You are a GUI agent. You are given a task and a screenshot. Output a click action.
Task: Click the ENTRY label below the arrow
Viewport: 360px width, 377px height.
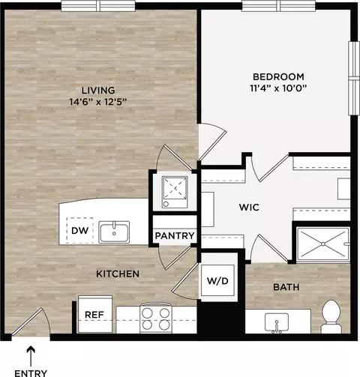click(x=31, y=373)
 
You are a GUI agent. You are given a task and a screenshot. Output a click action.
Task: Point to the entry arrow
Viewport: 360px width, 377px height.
click(x=31, y=356)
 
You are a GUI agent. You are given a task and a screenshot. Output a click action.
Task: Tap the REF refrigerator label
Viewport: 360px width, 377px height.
click(x=94, y=315)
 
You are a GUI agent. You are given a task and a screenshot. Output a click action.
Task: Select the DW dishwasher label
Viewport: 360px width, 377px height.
click(x=79, y=230)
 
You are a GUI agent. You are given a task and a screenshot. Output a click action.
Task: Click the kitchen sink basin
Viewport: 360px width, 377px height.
click(x=114, y=232)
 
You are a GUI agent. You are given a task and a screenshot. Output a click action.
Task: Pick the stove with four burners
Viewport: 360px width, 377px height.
click(x=156, y=318)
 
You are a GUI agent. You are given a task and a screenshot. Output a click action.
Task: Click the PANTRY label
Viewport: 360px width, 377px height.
click(x=175, y=235)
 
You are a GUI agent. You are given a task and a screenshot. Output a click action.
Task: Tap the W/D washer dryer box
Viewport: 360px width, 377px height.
click(x=217, y=281)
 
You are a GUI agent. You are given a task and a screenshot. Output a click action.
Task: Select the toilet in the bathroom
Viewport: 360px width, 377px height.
click(x=331, y=316)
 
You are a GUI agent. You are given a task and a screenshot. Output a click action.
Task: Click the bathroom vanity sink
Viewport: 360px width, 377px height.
click(x=277, y=322)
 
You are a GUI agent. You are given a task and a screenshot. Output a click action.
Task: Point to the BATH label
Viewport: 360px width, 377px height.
click(x=286, y=287)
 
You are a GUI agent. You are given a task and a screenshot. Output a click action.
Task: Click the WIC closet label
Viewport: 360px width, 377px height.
click(x=249, y=207)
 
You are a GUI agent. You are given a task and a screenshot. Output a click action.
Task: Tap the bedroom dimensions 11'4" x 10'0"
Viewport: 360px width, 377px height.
click(x=278, y=88)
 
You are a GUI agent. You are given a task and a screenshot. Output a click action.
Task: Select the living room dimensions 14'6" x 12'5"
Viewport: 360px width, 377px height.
click(x=98, y=102)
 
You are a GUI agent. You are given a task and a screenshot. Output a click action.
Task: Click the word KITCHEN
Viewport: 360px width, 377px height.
click(x=118, y=274)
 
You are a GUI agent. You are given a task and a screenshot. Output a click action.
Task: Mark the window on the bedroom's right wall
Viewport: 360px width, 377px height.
click(x=353, y=78)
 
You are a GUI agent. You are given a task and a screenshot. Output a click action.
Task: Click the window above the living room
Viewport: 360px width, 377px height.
click(x=98, y=6)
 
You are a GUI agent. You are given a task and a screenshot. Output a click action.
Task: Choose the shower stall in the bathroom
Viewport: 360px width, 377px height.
click(x=322, y=244)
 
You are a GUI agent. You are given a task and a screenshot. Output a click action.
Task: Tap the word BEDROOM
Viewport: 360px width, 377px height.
click(x=278, y=76)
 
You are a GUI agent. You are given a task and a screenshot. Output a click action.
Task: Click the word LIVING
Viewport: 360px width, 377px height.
click(x=98, y=90)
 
